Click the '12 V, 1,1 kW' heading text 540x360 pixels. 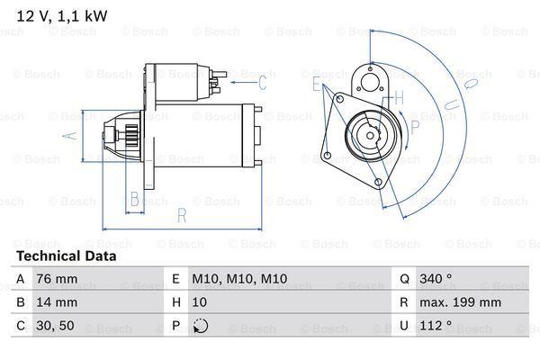click(x=62, y=16)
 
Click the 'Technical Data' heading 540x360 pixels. click(x=67, y=256)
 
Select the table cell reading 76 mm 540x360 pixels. click(x=57, y=279)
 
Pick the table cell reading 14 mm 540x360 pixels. click(x=57, y=302)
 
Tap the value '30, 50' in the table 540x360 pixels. click(x=55, y=326)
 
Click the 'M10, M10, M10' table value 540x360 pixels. click(x=239, y=279)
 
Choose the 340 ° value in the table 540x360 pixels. click(x=436, y=278)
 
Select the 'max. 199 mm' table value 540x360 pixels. click(x=460, y=302)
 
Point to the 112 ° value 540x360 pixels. click(x=436, y=325)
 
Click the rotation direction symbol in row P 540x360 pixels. click(x=201, y=326)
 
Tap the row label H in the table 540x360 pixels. click(x=176, y=302)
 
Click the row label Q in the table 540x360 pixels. click(x=404, y=279)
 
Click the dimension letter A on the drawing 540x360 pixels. click(x=70, y=135)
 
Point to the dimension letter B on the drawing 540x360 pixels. click(x=135, y=199)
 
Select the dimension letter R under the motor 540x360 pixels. click(x=182, y=216)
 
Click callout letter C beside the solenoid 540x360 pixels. click(x=263, y=83)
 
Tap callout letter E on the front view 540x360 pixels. click(x=317, y=84)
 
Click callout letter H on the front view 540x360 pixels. click(x=399, y=98)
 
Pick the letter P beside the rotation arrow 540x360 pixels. click(x=415, y=128)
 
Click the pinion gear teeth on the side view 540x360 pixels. click(x=132, y=135)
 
